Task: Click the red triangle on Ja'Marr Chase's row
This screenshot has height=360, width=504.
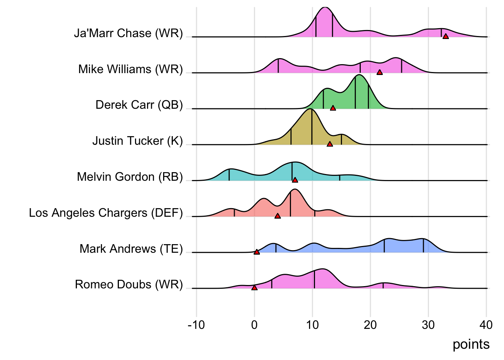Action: coord(445,36)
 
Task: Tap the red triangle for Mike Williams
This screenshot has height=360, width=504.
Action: coord(379,72)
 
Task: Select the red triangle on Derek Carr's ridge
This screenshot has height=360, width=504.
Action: coord(333,108)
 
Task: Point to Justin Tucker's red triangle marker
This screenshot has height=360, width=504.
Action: coord(330,144)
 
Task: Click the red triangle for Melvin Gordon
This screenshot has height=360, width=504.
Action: coord(295,180)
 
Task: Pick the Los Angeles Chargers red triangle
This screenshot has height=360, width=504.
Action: coord(277,216)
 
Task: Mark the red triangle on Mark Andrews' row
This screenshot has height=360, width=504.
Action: coord(256,252)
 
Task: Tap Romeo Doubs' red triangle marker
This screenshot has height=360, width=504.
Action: coord(254,288)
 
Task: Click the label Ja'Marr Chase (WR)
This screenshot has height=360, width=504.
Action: coord(128,33)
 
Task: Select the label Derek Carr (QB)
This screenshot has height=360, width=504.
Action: coord(139,105)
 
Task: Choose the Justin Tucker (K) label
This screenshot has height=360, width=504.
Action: coord(138,141)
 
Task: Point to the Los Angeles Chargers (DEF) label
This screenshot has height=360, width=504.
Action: coord(106,213)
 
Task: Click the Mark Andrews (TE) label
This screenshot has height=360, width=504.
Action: coord(131,249)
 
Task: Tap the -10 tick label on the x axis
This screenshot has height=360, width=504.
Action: coord(196,325)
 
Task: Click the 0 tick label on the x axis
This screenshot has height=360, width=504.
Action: coord(254,325)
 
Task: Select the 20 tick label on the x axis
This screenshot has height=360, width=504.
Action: coord(370,325)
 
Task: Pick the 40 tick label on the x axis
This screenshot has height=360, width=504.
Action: coord(486,325)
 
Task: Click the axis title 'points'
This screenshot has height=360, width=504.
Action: coord(471,344)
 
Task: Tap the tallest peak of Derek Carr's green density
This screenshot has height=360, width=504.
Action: coord(359,75)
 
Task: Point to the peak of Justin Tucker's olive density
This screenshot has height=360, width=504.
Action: coord(310,109)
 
